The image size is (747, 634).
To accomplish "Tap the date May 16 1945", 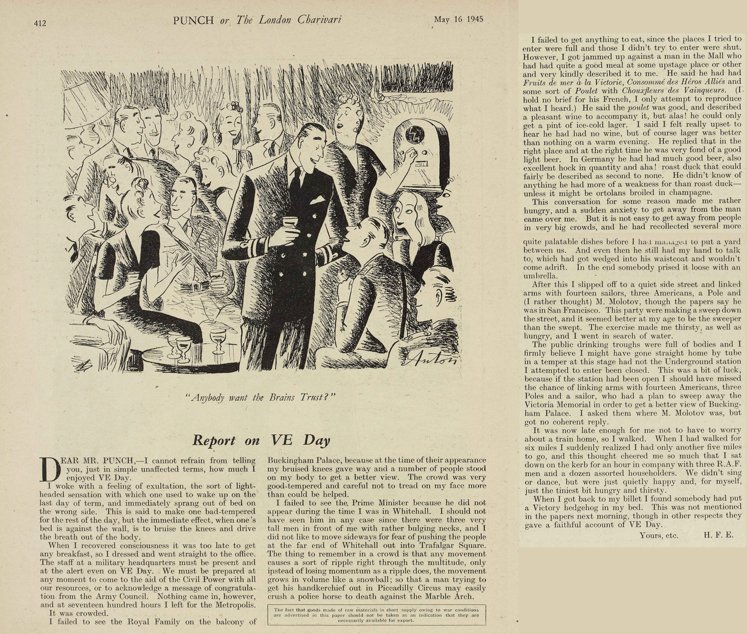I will [458, 19].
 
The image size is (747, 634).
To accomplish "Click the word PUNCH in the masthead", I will [193, 20].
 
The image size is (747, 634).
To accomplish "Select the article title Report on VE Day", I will [261, 440].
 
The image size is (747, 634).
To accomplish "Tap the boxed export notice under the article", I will [376, 615].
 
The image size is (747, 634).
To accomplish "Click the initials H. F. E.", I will [718, 535].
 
